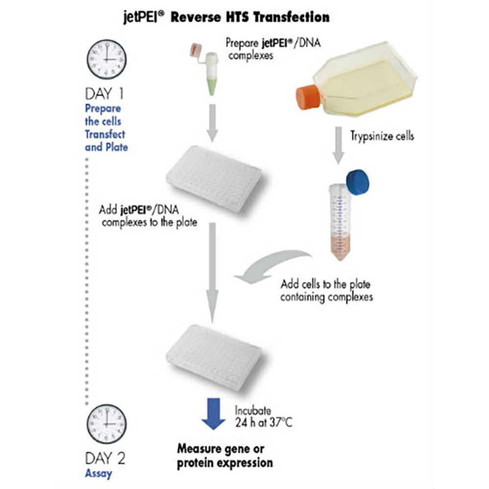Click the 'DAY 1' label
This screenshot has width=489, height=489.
point(105,93)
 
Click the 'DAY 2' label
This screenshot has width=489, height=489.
point(105,458)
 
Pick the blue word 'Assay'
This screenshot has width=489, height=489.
point(98,474)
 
